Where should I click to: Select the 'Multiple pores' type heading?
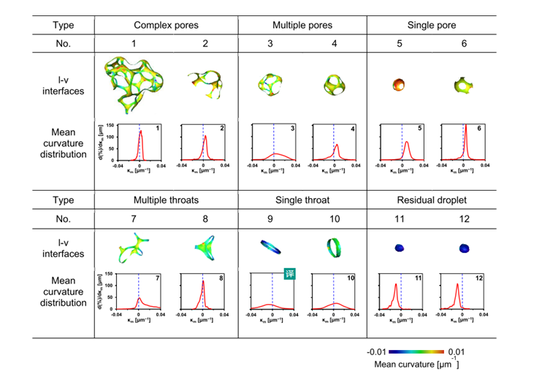[302, 25]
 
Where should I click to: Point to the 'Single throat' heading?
[302, 199]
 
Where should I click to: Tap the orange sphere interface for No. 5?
[399, 83]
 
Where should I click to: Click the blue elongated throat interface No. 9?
[272, 247]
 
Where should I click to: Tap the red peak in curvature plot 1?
[140, 132]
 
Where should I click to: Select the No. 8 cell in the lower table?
[205, 218]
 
